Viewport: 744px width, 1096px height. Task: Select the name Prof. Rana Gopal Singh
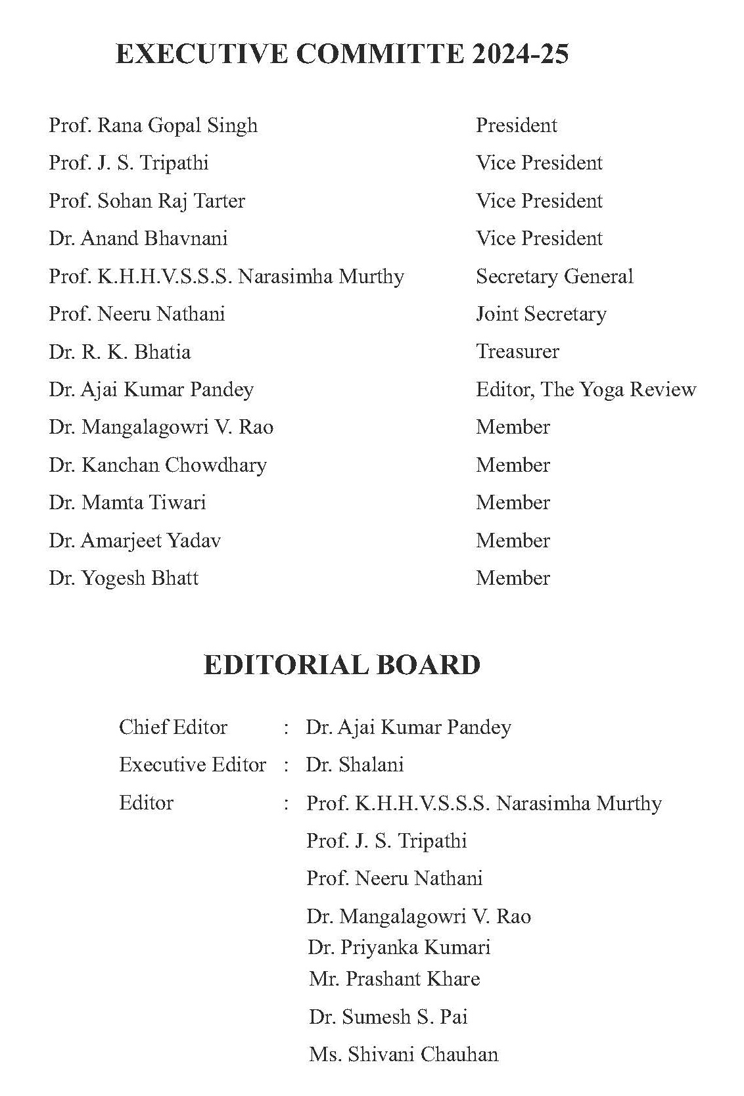click(153, 126)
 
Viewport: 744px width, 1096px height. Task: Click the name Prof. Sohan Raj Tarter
click(147, 201)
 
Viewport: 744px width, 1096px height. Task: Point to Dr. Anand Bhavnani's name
click(138, 239)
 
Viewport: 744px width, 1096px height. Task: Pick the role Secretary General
click(554, 277)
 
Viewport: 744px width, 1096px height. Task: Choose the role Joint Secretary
click(541, 314)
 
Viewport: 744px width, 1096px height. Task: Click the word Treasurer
click(517, 352)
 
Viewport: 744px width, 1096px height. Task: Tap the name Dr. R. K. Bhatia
click(120, 352)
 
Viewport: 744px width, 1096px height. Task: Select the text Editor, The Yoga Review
click(586, 390)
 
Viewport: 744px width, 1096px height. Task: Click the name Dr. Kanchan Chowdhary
click(158, 465)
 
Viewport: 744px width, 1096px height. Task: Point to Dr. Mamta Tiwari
click(128, 503)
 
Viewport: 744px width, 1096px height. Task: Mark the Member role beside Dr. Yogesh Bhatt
click(513, 578)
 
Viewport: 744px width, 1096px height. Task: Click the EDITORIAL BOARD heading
click(342, 665)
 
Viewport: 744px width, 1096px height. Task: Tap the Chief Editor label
click(173, 727)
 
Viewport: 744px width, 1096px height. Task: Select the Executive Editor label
click(193, 765)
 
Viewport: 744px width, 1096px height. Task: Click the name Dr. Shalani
click(355, 765)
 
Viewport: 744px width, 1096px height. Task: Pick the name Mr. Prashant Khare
click(394, 979)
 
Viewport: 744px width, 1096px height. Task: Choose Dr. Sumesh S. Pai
click(388, 1017)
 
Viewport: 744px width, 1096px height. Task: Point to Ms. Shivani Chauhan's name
click(404, 1055)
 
